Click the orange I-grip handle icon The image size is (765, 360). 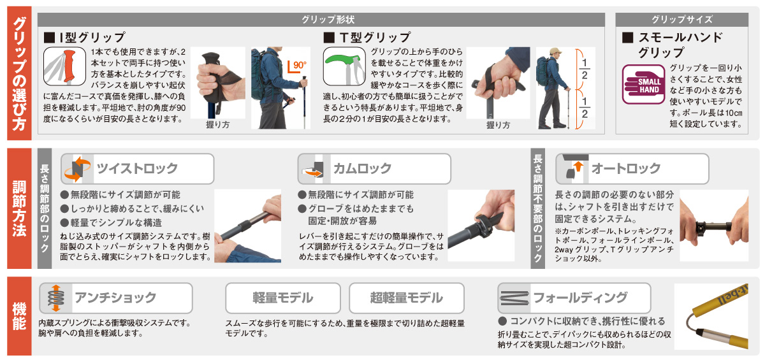point(64,66)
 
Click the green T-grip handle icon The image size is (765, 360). point(344,66)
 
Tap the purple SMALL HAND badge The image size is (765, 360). point(643,84)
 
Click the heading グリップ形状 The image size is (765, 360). point(328,20)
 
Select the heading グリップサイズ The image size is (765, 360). point(682,20)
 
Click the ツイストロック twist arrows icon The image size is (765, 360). point(77,169)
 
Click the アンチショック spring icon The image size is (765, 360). point(56,298)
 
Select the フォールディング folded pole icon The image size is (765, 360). point(514,298)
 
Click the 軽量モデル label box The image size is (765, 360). point(283,298)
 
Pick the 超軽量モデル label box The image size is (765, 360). point(407,298)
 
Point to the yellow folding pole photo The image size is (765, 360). point(711,317)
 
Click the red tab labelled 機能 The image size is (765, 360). point(19,316)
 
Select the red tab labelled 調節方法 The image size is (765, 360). point(19,208)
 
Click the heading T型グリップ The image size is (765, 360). point(367,37)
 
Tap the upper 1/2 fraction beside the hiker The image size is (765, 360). point(585,69)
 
